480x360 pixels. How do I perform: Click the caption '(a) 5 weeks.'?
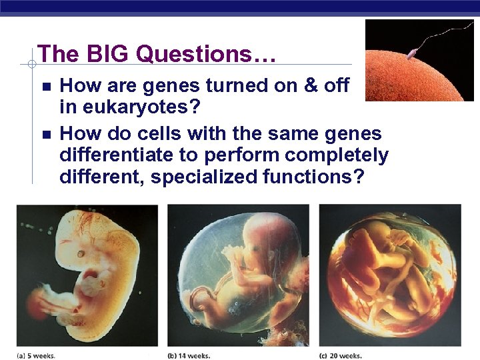click(37, 355)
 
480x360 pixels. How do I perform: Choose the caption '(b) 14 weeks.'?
click(191, 355)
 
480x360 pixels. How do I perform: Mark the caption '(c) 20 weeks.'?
click(341, 355)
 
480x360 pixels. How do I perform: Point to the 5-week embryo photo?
click(87, 275)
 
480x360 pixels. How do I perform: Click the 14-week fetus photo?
click(238, 275)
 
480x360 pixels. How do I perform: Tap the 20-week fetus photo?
click(390, 275)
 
